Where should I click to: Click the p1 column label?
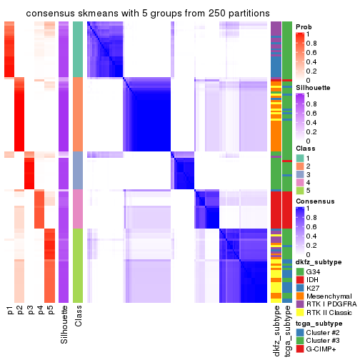[x=10, y=311]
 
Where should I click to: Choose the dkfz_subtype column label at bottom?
[x=276, y=329]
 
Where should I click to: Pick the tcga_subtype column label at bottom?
[x=287, y=329]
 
